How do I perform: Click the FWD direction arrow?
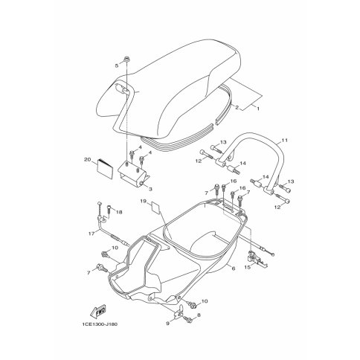[99, 311]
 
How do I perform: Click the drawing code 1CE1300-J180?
[99, 324]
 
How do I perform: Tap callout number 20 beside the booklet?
[88, 160]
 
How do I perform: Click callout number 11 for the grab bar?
[285, 141]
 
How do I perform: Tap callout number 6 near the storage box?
[234, 269]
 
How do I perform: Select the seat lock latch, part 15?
[257, 260]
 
